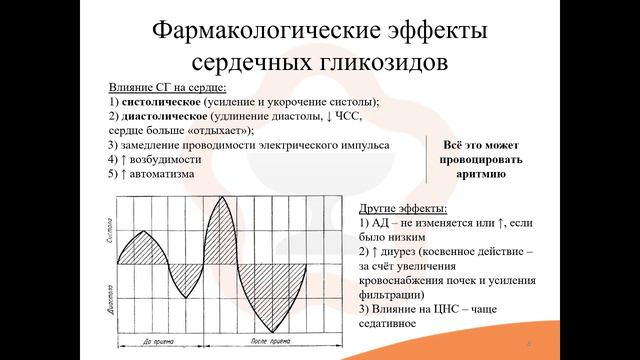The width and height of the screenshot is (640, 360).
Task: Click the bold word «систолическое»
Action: pos(158,102)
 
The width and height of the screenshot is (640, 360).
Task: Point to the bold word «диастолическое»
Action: pos(159,116)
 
